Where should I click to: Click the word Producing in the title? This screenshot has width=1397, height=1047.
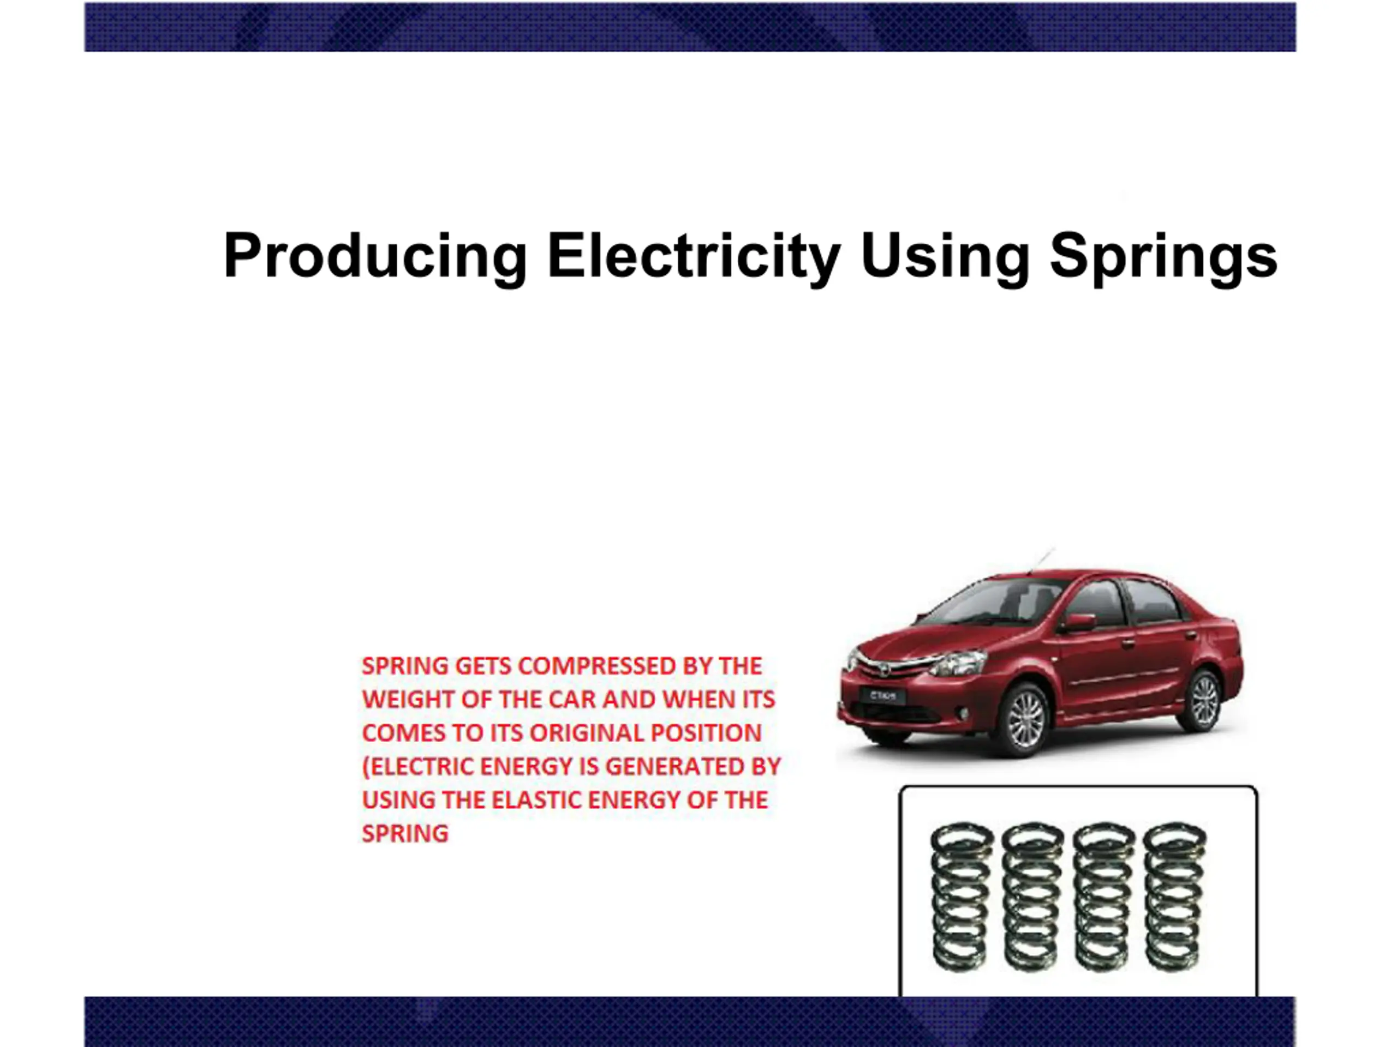point(375,256)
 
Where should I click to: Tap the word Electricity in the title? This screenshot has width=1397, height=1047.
point(694,256)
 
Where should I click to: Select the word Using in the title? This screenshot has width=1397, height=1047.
point(945,256)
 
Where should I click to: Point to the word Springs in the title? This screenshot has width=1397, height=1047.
point(1163,256)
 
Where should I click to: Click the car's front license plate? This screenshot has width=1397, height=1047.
point(883,697)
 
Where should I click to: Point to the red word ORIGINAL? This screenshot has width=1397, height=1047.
point(586,733)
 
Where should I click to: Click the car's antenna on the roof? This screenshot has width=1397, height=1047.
point(1041,561)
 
